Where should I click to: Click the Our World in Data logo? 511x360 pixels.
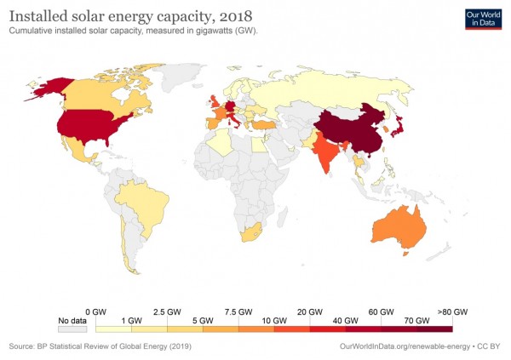coord(481,19)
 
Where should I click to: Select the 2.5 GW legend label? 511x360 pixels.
coord(167,311)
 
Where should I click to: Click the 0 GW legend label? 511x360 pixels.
coord(95,311)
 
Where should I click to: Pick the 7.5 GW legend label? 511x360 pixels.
coord(238,311)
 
